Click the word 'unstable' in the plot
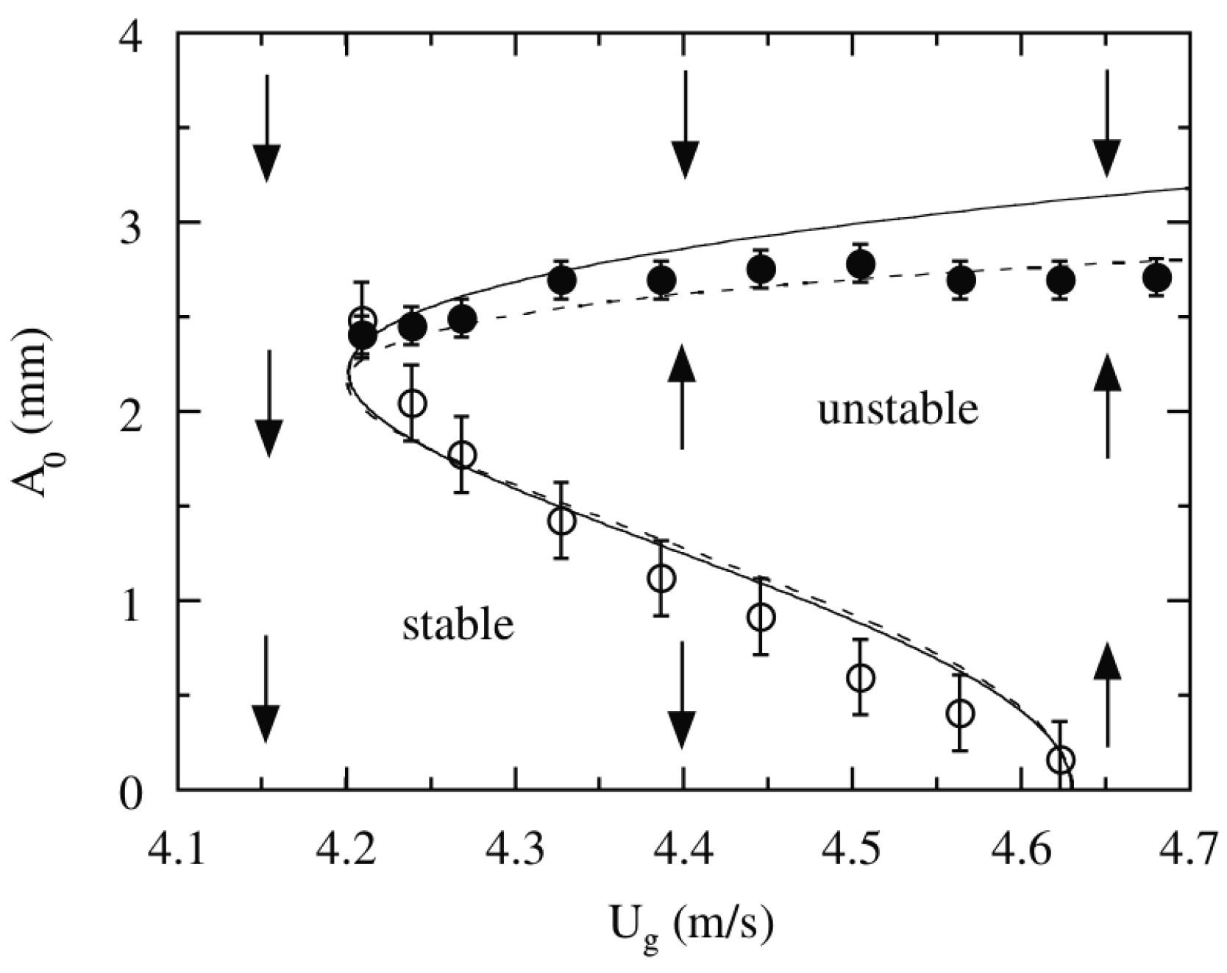[x=897, y=409]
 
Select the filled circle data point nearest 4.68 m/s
[x=1157, y=278]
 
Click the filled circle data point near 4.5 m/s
[x=860, y=263]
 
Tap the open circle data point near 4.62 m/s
[x=1061, y=759]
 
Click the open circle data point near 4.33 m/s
[x=561, y=520]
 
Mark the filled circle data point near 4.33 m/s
[x=562, y=280]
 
